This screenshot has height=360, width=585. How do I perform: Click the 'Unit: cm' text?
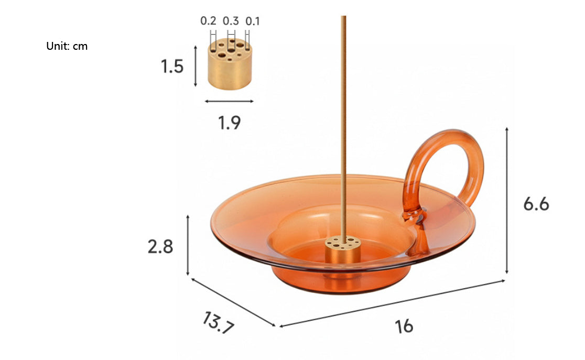pyautogui.click(x=67, y=46)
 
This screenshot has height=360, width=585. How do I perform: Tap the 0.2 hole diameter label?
pyautogui.click(x=208, y=21)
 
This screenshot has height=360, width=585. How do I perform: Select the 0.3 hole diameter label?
pyautogui.click(x=231, y=21)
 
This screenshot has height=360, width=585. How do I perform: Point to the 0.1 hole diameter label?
pyautogui.click(x=253, y=21)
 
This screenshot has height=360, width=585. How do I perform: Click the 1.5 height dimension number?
pyautogui.click(x=172, y=67)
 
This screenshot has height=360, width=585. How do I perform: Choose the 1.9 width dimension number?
pyautogui.click(x=229, y=123)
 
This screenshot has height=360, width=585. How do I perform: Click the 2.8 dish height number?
pyautogui.click(x=160, y=246)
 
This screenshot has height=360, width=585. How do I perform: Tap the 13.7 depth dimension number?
pyautogui.click(x=216, y=323)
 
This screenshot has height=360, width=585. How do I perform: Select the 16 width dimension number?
pyautogui.click(x=404, y=326)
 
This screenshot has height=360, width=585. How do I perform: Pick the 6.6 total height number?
pyautogui.click(x=536, y=203)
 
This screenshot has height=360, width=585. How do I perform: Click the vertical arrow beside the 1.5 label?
pyautogui.click(x=196, y=66)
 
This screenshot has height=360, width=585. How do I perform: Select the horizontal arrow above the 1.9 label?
pyautogui.click(x=229, y=101)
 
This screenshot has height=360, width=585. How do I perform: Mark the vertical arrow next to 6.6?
pyautogui.click(x=507, y=201)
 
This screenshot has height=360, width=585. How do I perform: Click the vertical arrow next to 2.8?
pyautogui.click(x=188, y=245)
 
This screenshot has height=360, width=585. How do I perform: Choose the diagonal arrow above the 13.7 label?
pyautogui.click(x=233, y=302)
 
